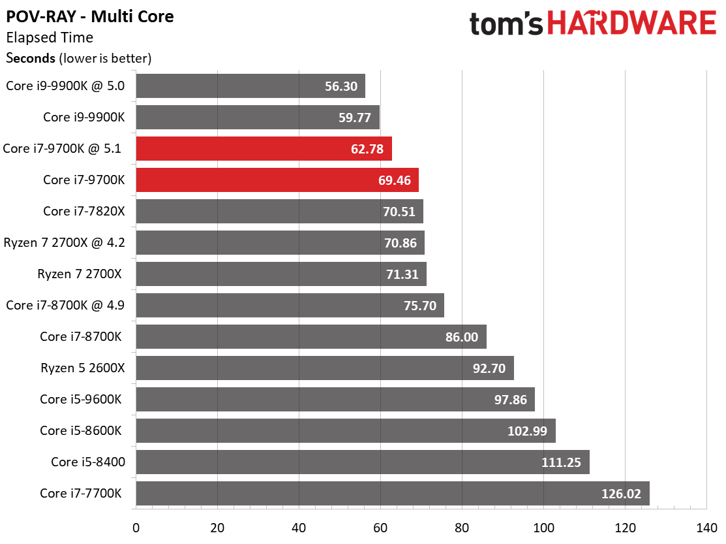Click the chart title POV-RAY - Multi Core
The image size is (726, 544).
(x=90, y=16)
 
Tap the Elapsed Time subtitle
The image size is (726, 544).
(x=50, y=38)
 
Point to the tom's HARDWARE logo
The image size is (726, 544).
(x=592, y=24)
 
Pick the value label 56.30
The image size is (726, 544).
(x=341, y=86)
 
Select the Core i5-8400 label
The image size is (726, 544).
(x=88, y=462)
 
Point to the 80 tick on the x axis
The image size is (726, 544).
(x=462, y=527)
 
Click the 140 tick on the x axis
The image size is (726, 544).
(x=706, y=527)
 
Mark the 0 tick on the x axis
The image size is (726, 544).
(x=136, y=527)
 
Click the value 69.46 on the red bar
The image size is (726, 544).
(x=394, y=180)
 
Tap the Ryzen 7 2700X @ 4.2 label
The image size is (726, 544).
(x=64, y=242)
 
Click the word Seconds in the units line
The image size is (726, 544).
(x=31, y=58)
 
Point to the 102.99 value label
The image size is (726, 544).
(x=530, y=431)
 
